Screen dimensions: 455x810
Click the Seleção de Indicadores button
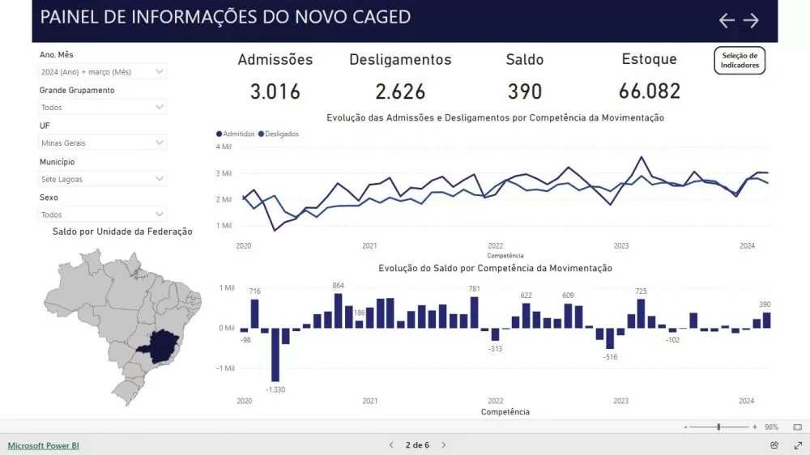[x=740, y=61]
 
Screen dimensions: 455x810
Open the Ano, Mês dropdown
[x=103, y=71]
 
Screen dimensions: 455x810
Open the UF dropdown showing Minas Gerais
[x=103, y=142]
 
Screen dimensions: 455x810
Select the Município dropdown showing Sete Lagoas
[x=103, y=179]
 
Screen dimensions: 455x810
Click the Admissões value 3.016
[x=275, y=91]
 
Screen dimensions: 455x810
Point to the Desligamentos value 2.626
[x=400, y=91]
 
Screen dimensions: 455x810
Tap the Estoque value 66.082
[x=649, y=91]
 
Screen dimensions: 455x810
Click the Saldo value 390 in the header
[x=524, y=91]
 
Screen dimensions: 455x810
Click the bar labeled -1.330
[x=275, y=355]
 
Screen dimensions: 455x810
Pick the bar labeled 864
[x=338, y=311]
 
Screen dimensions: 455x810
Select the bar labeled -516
[x=610, y=338]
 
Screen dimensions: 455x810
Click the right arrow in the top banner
[x=752, y=20]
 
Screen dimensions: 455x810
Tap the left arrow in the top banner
[x=727, y=20]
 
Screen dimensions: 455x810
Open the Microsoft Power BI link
[x=44, y=445]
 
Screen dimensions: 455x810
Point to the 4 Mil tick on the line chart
[x=224, y=147]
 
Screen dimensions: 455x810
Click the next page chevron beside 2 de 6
[x=444, y=445]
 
